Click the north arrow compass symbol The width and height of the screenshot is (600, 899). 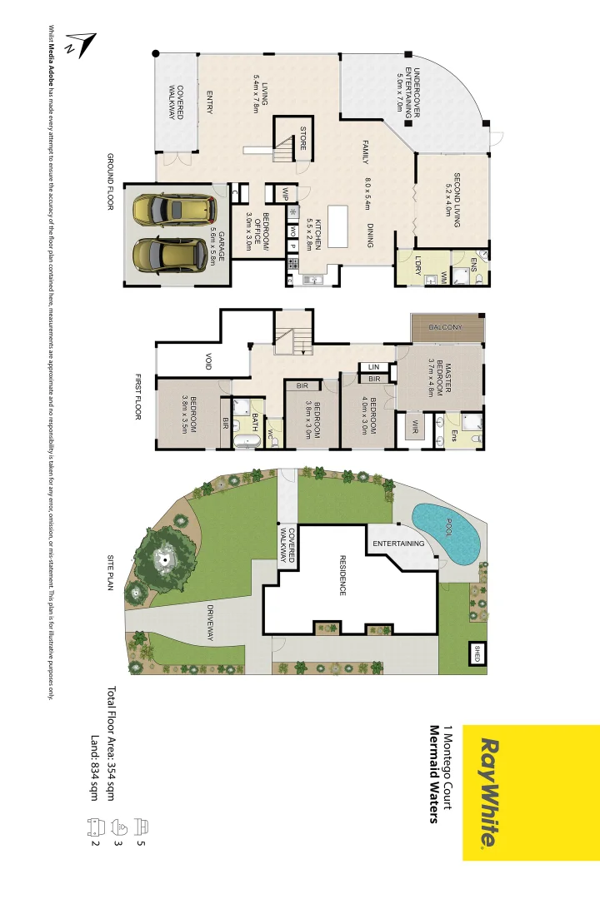tap(82, 44)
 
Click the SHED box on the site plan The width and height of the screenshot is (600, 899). tap(477, 653)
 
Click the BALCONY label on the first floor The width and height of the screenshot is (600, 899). tap(446, 327)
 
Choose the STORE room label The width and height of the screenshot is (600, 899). tap(303, 138)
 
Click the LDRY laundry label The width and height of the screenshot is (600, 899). tap(417, 266)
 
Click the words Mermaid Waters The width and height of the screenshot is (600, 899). tap(433, 774)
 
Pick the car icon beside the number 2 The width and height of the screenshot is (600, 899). tap(94, 827)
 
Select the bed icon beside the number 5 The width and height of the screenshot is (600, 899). tap(142, 827)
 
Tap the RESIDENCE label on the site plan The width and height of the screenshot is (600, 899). tap(341, 575)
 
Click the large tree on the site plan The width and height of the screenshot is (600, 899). tap(165, 559)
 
